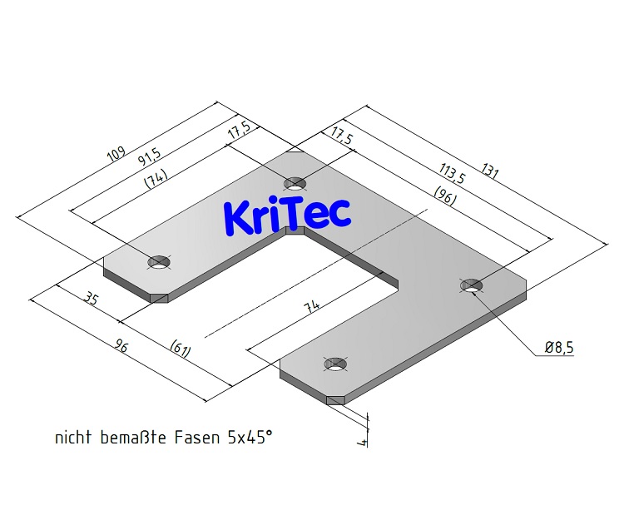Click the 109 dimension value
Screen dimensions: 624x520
point(116,154)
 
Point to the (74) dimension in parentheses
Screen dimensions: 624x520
point(156,178)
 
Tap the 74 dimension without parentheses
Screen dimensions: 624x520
point(312,305)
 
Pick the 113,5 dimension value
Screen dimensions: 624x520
point(452,173)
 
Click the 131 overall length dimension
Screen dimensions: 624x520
point(489,171)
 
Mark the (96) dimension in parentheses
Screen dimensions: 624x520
point(444,196)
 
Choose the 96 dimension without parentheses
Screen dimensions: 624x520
point(121,347)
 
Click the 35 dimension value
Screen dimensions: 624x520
point(91,298)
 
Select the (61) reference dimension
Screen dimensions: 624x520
point(181,349)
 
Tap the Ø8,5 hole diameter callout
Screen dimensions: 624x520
point(559,348)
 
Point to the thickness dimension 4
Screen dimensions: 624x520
point(363,442)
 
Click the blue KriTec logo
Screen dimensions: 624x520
point(287,215)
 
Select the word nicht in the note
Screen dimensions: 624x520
point(73,438)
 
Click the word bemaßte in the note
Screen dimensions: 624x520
point(133,438)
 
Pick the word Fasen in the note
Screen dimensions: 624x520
point(197,438)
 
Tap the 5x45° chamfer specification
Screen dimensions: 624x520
point(250,438)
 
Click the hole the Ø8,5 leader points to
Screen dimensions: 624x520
point(472,285)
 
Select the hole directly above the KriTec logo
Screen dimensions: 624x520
point(295,184)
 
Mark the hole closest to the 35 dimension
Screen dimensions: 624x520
point(159,262)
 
